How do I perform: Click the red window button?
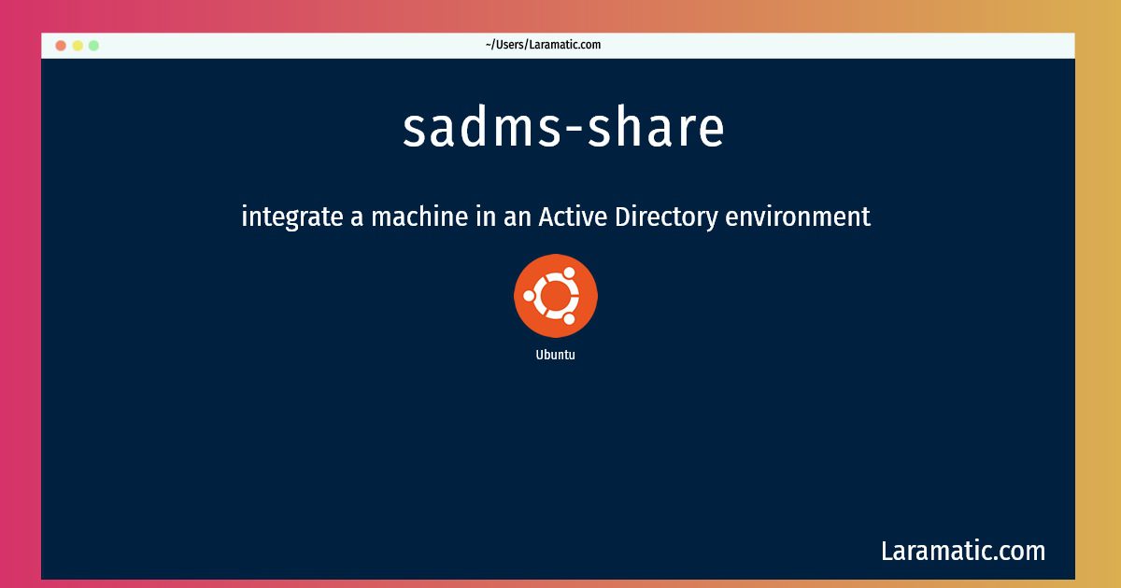pos(61,46)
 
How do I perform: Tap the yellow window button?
pos(78,46)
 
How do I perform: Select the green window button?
pos(93,46)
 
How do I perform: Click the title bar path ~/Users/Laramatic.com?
pos(543,45)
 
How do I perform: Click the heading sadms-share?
pos(563,127)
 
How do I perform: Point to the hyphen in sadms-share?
pos(574,131)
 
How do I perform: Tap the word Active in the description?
pos(573,217)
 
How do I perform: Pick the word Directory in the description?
pos(666,217)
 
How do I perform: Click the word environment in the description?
pos(798,217)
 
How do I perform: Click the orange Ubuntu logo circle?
pos(556,296)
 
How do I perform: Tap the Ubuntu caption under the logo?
pos(556,355)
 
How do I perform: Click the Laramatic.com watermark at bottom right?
pos(963,551)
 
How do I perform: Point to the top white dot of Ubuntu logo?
pos(569,273)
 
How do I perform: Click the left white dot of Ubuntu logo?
pos(529,296)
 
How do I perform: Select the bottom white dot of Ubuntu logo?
pos(569,319)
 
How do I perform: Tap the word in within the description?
pos(486,217)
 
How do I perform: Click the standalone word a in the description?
pos(356,218)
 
